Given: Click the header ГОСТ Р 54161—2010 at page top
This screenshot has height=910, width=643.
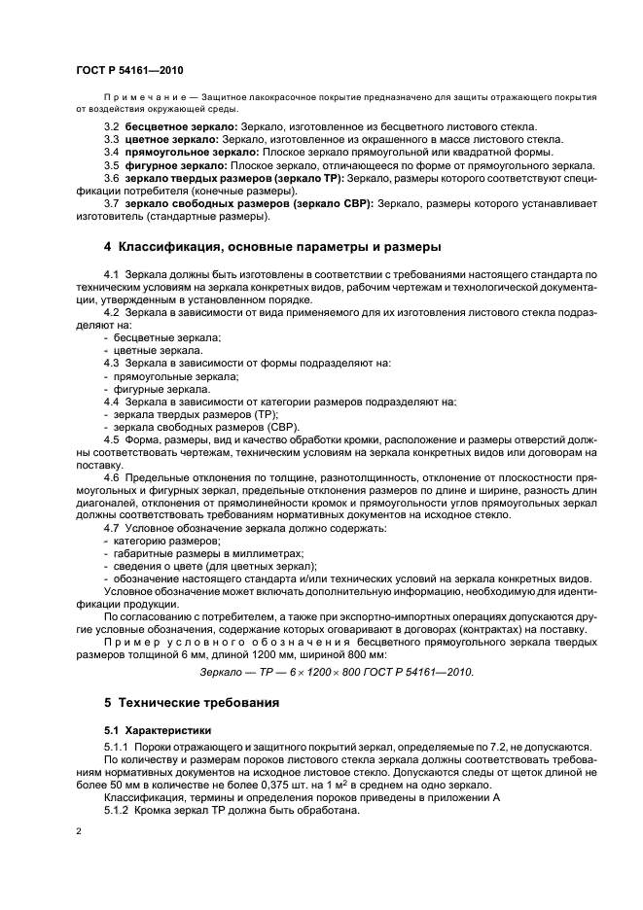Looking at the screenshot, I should tap(129, 71).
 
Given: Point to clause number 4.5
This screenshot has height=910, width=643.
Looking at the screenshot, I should tap(112, 438).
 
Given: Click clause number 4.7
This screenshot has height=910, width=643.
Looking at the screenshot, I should tap(112, 527).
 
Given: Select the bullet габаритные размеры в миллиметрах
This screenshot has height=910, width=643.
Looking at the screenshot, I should tap(184, 552).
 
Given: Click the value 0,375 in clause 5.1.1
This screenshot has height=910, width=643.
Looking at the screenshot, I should tap(242, 784).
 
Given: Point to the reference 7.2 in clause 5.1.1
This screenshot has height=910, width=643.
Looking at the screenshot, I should tap(474, 746).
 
